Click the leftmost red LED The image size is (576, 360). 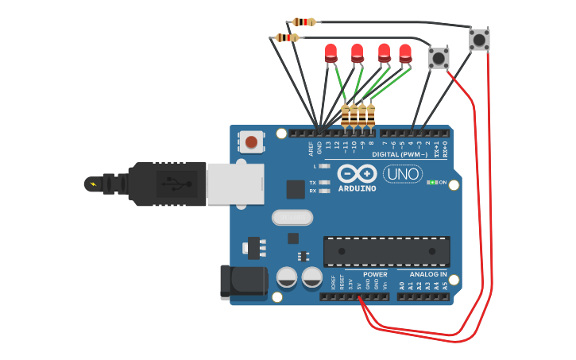[331, 52]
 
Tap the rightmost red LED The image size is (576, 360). [405, 52]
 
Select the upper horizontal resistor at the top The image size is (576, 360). [304, 22]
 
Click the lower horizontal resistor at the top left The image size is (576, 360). [287, 37]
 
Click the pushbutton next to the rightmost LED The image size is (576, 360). [439, 57]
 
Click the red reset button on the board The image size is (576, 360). [251, 142]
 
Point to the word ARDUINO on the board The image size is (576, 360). [358, 188]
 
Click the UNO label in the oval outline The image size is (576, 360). [403, 174]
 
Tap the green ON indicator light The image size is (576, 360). [431, 182]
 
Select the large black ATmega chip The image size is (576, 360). [386, 251]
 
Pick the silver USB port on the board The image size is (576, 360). [235, 184]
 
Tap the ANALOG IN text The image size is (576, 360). [428, 274]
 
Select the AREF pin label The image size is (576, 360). [311, 148]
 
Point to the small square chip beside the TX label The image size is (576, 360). [296, 188]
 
